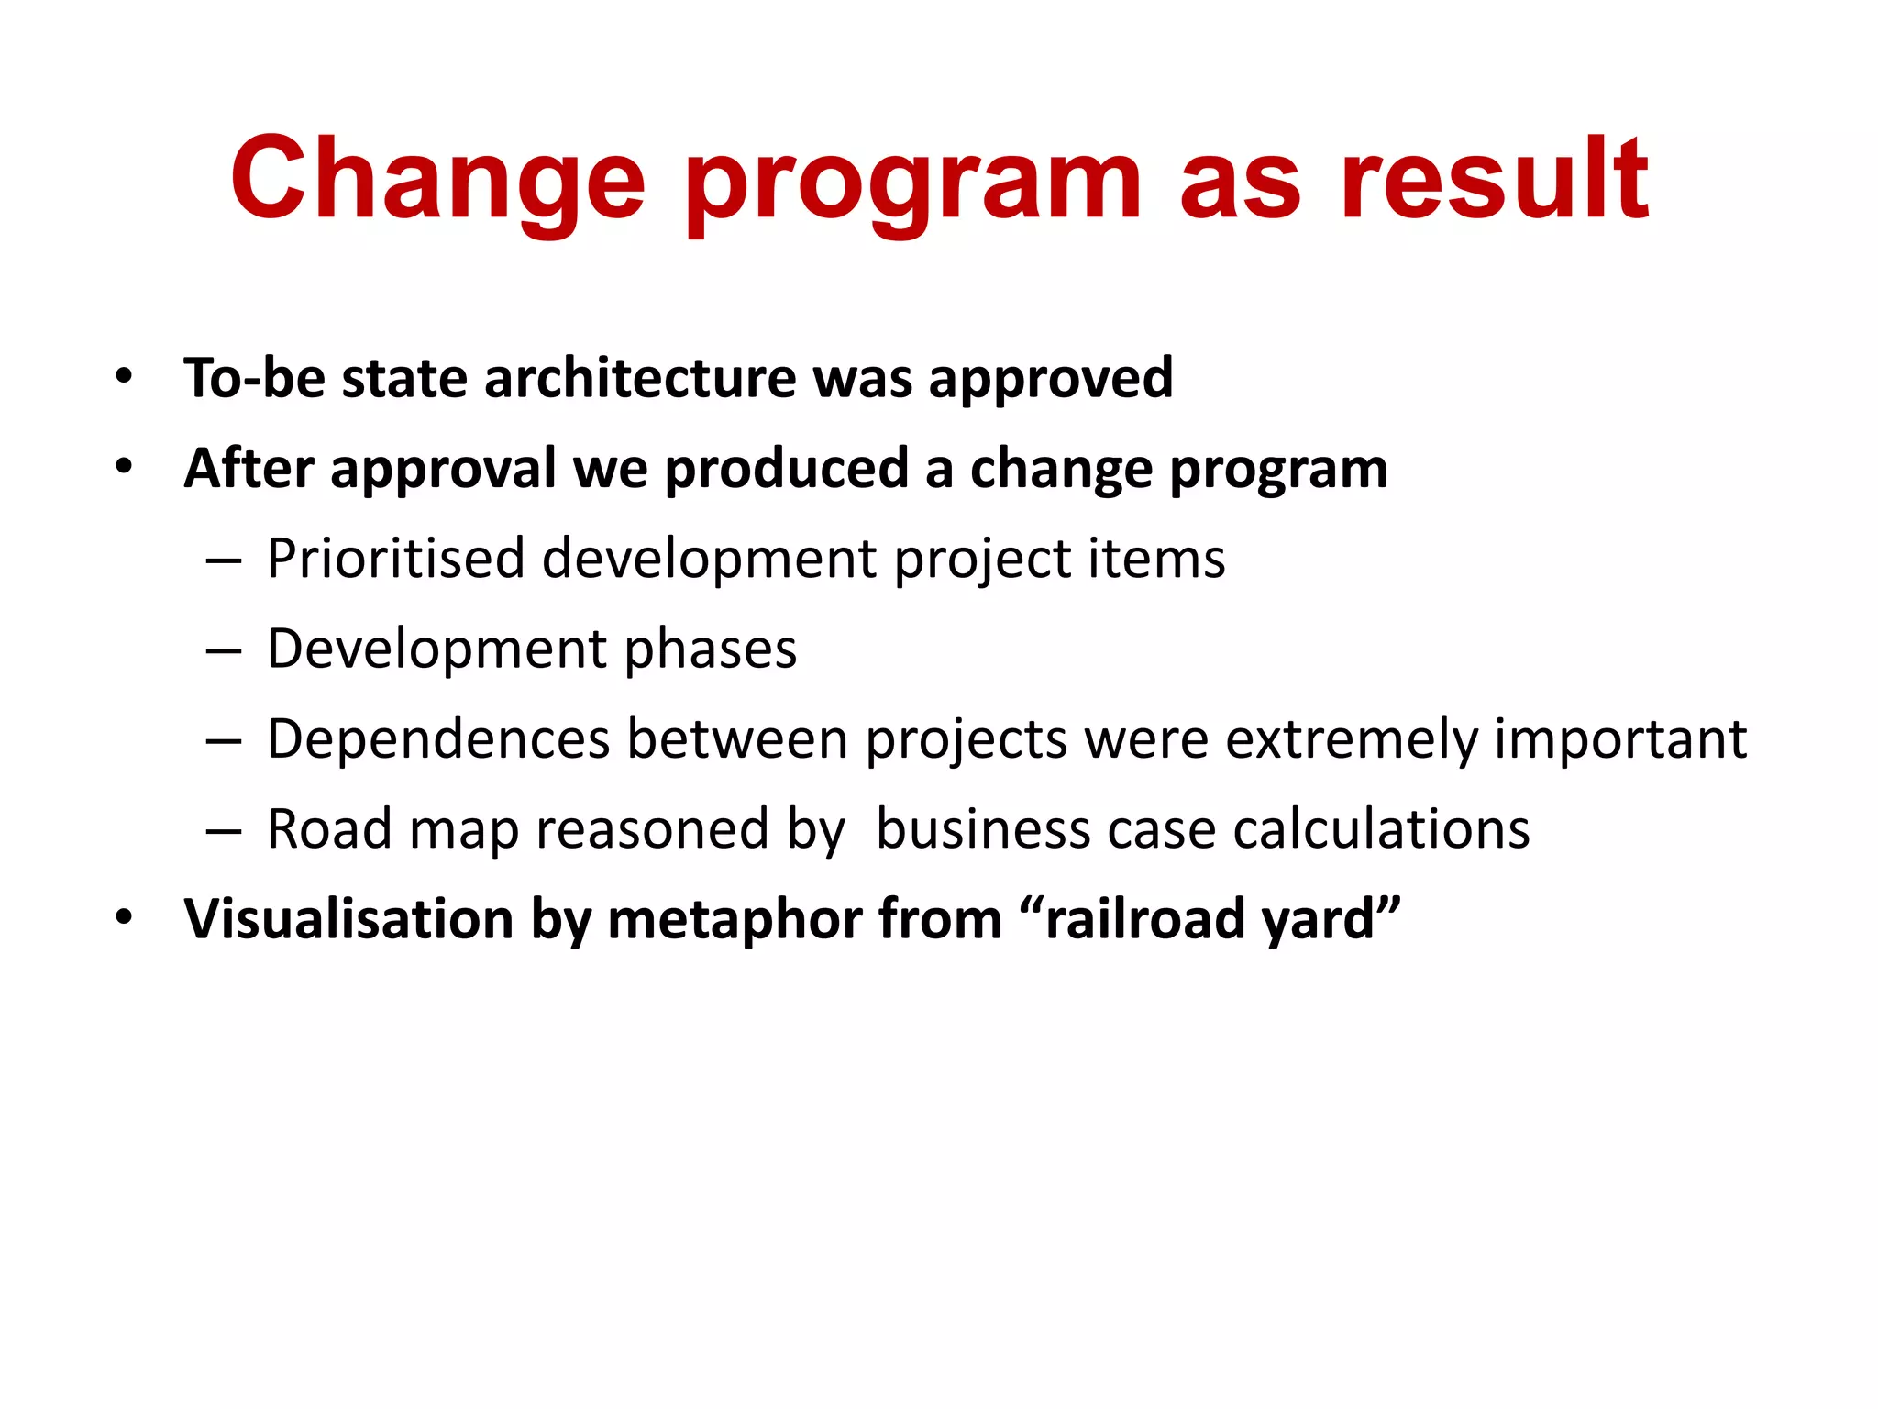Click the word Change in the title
pyautogui.click(x=438, y=180)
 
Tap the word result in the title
pyautogui.click(x=1494, y=180)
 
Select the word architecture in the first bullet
pyautogui.click(x=640, y=378)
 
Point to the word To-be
pyautogui.click(x=254, y=378)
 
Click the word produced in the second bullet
pyautogui.click(x=786, y=469)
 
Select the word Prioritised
pyautogui.click(x=395, y=559)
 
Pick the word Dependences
pyautogui.click(x=438, y=739)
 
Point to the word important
pyautogui.click(x=1620, y=739)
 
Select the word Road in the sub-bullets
pyautogui.click(x=329, y=829)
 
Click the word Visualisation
pyautogui.click(x=348, y=919)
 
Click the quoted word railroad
pyautogui.click(x=1145, y=919)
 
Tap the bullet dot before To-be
pyautogui.click(x=124, y=376)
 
